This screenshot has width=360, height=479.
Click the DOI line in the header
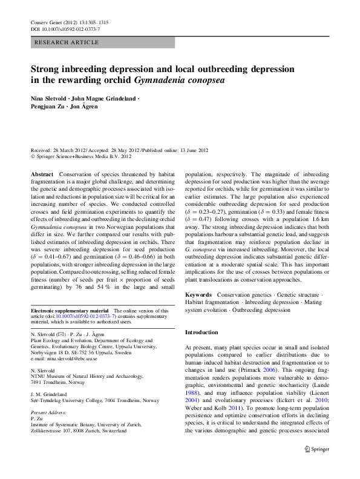[65, 29]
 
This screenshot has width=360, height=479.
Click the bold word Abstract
[42, 174]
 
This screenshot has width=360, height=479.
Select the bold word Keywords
[198, 294]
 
